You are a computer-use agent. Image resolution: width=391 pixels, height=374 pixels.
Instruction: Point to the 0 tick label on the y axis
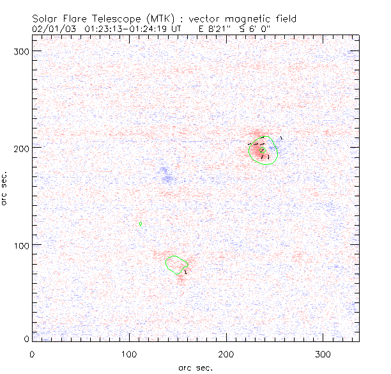point(27,338)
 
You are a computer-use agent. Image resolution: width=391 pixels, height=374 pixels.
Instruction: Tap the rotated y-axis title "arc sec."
point(5,187)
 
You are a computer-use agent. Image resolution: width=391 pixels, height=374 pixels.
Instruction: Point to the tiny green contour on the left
point(141,224)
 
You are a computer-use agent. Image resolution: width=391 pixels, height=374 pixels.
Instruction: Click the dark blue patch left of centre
point(167,175)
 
